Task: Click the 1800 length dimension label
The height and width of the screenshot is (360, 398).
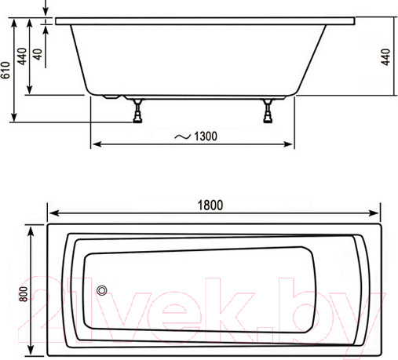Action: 210,205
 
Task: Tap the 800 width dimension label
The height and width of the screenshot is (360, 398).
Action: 24,294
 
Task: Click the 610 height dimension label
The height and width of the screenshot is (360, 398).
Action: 5,70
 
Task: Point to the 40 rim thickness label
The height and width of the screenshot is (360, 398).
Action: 38,54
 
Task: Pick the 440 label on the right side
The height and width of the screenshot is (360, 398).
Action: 385,57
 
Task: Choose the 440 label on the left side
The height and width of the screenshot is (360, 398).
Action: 22,56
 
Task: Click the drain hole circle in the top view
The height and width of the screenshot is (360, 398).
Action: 102,290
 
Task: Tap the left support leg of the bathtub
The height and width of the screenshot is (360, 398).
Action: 137,111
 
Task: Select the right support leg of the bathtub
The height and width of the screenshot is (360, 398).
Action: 268,111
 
